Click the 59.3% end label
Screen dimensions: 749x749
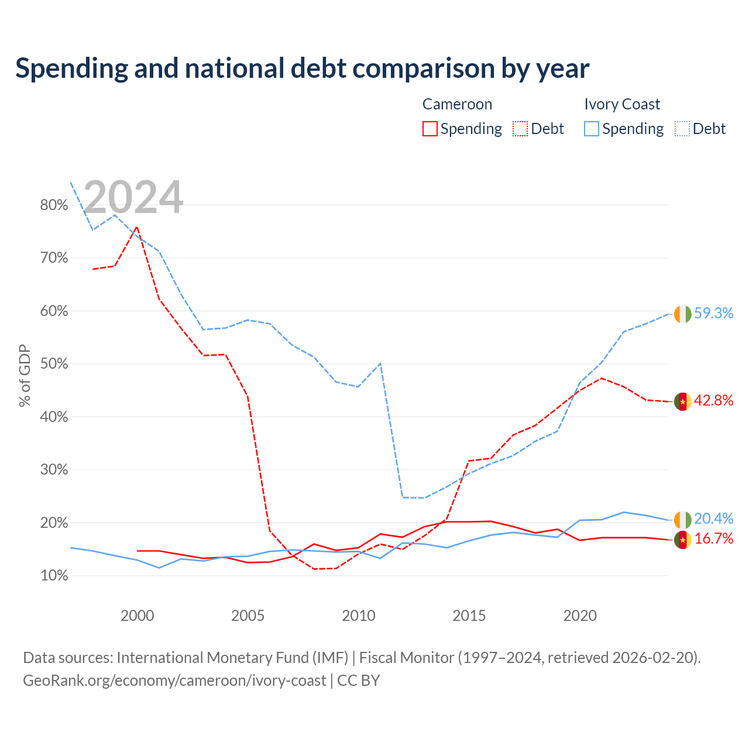(713, 313)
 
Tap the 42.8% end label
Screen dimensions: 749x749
(713, 400)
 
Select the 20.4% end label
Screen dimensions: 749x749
(713, 518)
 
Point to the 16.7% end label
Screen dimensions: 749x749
(713, 539)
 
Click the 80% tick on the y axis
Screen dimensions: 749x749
(54, 205)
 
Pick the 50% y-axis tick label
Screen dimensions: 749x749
(54, 364)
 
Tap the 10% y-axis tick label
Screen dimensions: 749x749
(54, 576)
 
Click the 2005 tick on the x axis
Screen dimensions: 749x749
(248, 616)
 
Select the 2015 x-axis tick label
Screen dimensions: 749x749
(469, 616)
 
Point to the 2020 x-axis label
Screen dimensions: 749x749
(580, 616)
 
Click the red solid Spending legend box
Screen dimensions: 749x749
(430, 129)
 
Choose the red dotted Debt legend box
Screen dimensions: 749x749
(520, 129)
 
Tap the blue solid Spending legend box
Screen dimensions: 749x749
(592, 129)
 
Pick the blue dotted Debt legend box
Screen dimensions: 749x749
(682, 129)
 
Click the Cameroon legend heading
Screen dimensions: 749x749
(457, 104)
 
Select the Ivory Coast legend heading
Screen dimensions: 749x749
(622, 104)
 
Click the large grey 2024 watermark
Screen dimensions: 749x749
(133, 197)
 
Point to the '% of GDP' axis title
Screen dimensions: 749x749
(25, 376)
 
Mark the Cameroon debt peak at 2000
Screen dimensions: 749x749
(137, 227)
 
